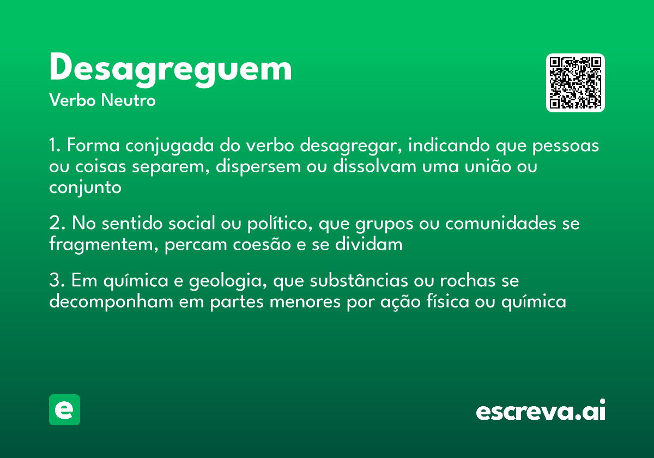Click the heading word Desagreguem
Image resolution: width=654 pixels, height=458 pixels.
(171, 69)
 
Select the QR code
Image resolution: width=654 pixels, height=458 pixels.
(576, 83)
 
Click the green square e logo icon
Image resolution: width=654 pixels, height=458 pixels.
(64, 409)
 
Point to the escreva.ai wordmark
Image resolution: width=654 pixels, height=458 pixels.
(541, 411)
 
